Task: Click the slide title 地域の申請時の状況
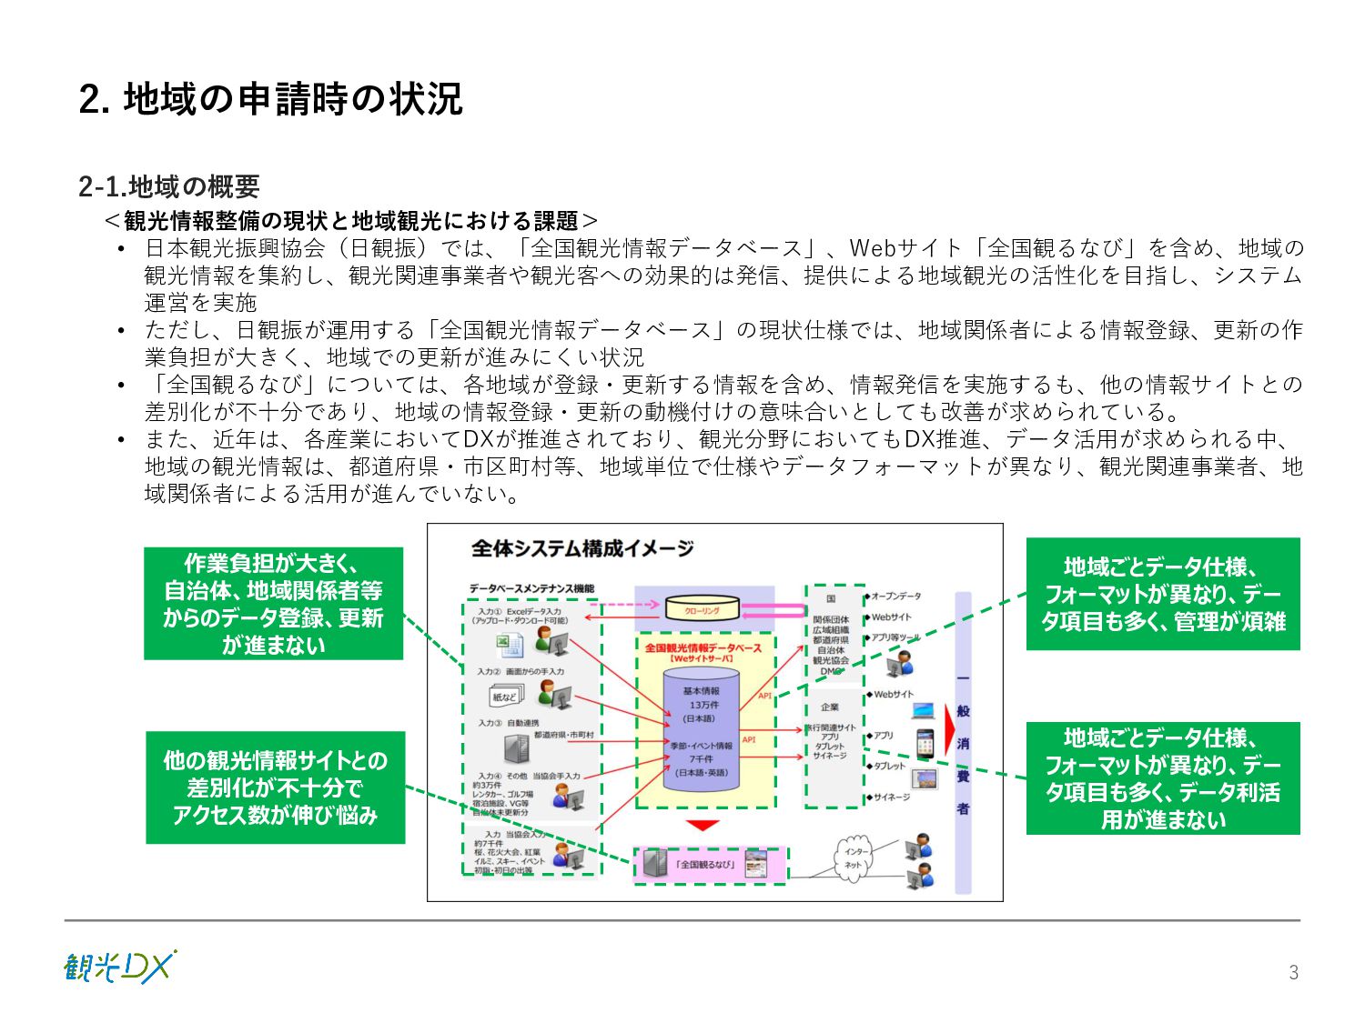(270, 99)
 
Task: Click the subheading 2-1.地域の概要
(169, 186)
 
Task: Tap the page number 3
(1293, 972)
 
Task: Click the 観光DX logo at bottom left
(119, 967)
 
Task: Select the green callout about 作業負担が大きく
(273, 603)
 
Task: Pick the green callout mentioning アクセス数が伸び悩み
(275, 787)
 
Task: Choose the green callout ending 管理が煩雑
(1162, 594)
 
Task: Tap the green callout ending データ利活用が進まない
(1162, 778)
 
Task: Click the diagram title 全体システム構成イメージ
(582, 548)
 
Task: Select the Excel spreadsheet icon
(510, 646)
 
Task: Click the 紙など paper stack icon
(505, 697)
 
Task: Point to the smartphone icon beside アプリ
(925, 744)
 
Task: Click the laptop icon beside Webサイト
(923, 709)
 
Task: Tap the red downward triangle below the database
(703, 826)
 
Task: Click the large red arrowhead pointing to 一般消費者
(949, 728)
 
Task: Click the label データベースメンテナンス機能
(532, 589)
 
